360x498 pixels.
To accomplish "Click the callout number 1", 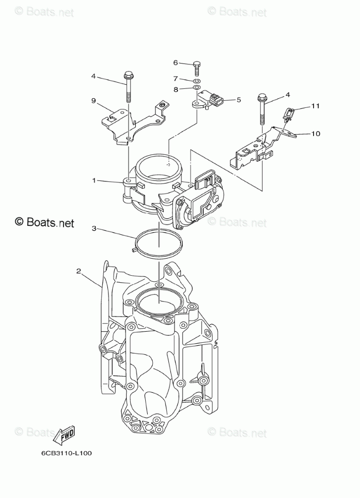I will [94, 180].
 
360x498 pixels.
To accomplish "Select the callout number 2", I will [79, 271].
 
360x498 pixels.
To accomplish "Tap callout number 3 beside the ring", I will [94, 228].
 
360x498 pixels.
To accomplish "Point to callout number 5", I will [238, 100].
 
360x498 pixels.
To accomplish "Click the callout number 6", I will [175, 63].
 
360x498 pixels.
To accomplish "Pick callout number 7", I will [175, 79].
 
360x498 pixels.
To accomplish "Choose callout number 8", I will [175, 89].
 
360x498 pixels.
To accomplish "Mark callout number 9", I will [94, 100].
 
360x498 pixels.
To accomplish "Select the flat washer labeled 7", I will [198, 81].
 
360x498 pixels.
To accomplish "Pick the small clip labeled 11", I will [289, 115].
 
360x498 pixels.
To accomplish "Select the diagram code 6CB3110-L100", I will [67, 453].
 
